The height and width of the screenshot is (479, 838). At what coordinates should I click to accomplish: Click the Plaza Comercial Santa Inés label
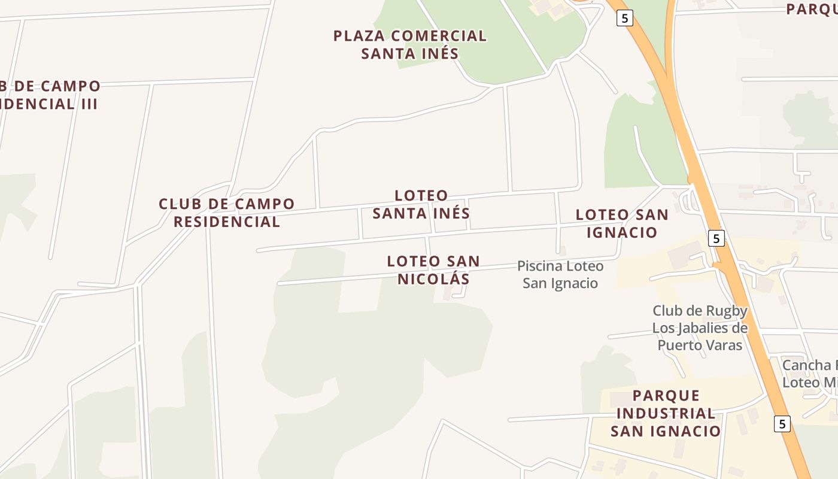(410, 45)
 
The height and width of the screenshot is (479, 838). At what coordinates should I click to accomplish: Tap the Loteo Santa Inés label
(421, 204)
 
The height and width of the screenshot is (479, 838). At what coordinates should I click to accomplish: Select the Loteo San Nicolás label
(433, 270)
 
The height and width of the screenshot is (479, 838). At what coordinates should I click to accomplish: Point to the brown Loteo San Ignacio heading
(621, 223)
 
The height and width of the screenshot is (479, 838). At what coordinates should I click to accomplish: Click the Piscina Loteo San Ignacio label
(560, 274)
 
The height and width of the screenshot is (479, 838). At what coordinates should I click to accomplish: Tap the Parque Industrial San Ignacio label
(666, 413)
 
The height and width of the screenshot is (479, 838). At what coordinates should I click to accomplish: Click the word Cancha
(806, 365)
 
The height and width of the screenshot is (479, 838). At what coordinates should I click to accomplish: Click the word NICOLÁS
(433, 279)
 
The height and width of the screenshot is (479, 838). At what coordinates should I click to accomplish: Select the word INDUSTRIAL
(666, 413)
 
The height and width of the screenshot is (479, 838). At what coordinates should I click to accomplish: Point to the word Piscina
(540, 266)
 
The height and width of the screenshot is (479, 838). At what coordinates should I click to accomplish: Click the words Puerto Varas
(700, 345)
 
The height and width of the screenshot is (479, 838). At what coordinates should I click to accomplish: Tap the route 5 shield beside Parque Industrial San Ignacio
(782, 423)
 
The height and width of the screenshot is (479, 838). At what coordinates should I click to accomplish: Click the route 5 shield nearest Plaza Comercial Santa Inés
(624, 18)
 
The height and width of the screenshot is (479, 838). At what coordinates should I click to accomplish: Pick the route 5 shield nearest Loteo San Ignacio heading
(716, 238)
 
